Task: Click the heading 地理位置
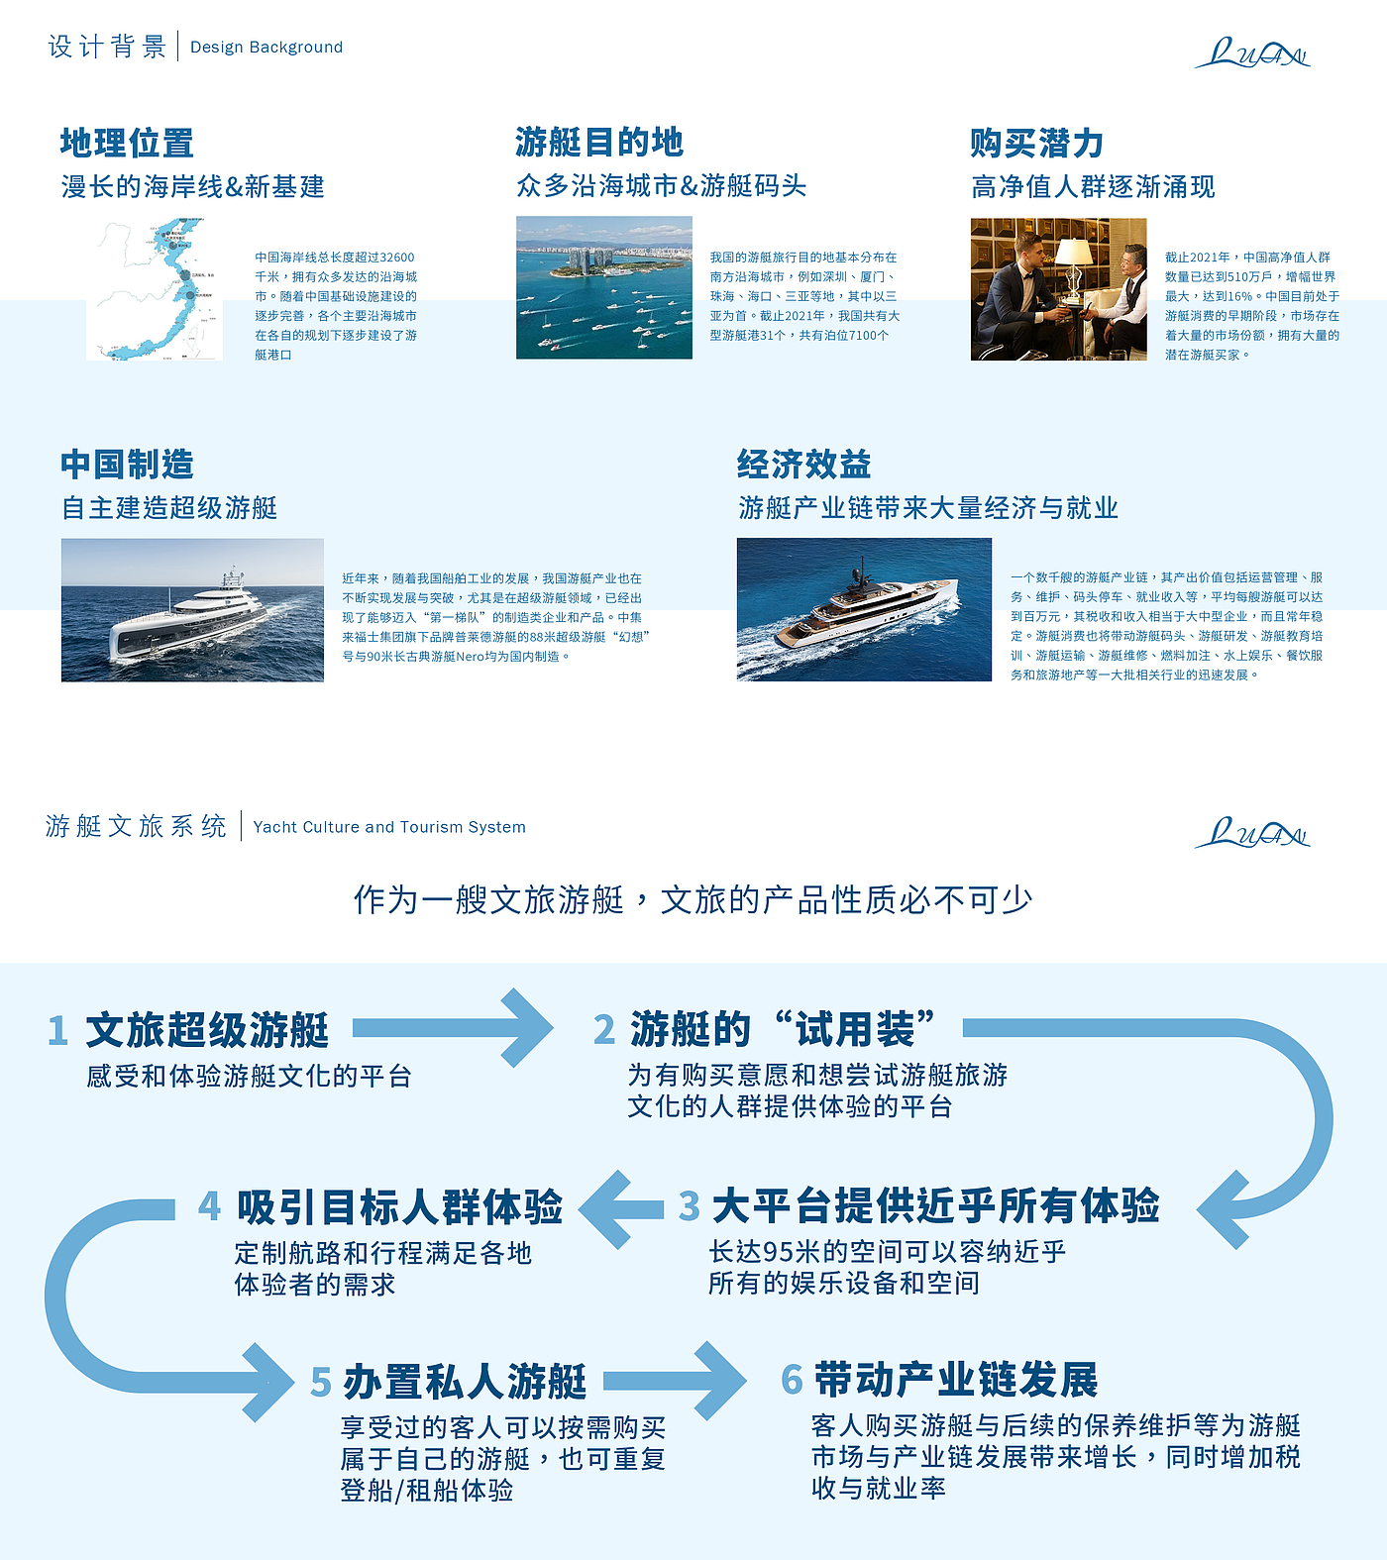click(127, 143)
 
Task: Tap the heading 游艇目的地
click(599, 143)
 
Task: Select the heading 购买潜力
click(1036, 143)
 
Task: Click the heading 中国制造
click(127, 464)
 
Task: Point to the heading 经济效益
click(803, 464)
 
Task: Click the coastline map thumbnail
click(156, 289)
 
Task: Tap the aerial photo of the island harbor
click(603, 288)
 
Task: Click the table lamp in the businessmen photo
click(1073, 260)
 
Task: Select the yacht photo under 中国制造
click(192, 610)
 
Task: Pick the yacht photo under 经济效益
click(864, 609)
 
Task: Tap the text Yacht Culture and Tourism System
click(389, 827)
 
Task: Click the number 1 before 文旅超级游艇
click(57, 1030)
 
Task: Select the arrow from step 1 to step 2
click(454, 1028)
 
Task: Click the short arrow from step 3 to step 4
click(622, 1208)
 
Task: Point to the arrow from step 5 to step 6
click(675, 1381)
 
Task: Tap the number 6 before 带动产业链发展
click(792, 1380)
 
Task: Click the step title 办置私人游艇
click(465, 1382)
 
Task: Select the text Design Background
click(267, 47)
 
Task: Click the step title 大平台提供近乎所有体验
click(935, 1206)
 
